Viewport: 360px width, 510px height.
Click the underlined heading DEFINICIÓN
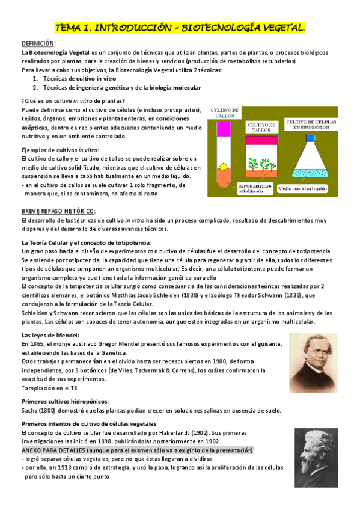tap(38, 44)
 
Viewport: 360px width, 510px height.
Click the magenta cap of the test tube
tap(225, 129)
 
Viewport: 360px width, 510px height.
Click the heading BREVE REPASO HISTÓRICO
tap(58, 210)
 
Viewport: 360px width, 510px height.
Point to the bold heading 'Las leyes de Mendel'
tap(47, 335)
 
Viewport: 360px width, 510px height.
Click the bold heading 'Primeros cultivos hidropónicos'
tap(65, 402)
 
